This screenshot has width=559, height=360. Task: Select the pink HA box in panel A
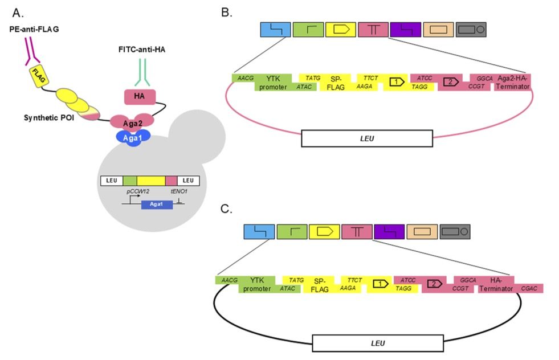click(138, 96)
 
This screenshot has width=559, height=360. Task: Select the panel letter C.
click(227, 209)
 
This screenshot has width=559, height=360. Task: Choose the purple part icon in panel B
click(406, 30)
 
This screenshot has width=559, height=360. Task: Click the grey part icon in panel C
click(454, 231)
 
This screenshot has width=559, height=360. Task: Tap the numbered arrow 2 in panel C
click(435, 283)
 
